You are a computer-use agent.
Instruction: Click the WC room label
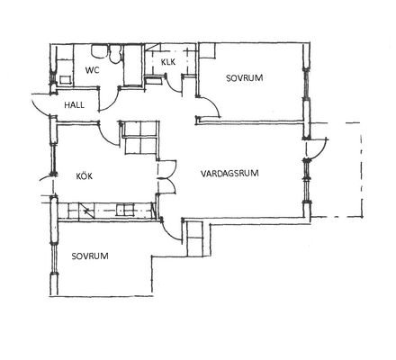tap(92, 70)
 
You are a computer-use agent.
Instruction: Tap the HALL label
tap(74, 105)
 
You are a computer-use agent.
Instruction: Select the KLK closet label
tap(168, 62)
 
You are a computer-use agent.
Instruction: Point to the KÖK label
tap(85, 175)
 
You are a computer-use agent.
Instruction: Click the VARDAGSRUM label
tap(229, 174)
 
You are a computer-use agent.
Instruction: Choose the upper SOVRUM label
tap(245, 78)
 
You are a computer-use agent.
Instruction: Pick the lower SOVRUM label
tap(90, 256)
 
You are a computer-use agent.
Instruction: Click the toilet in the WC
tap(114, 54)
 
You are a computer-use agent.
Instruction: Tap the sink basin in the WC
tap(99, 51)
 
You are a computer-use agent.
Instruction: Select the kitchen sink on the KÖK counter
tap(125, 210)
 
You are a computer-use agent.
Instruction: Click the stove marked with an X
tap(87, 211)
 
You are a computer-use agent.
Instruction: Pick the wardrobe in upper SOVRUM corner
tap(207, 50)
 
